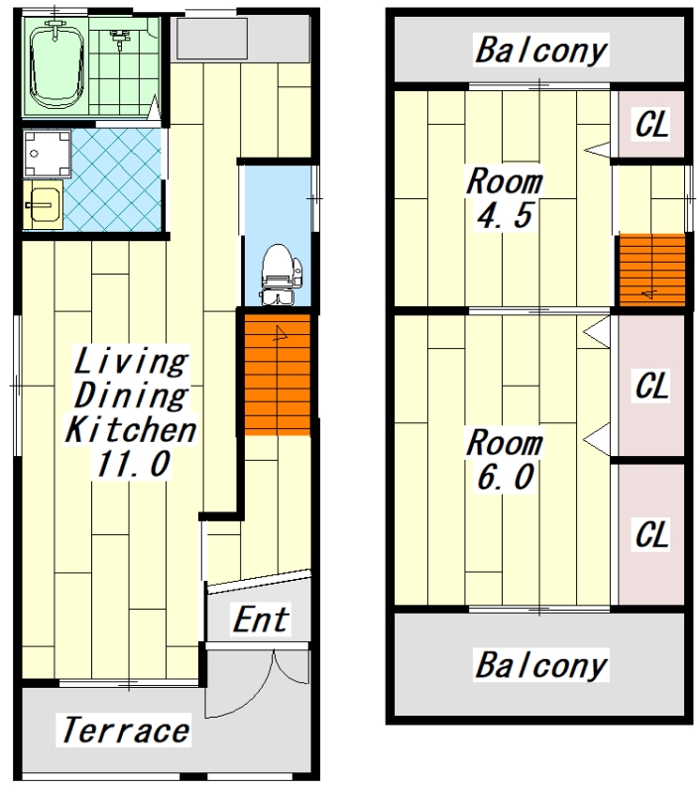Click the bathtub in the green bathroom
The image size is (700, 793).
(x=57, y=66)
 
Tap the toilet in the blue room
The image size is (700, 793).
(x=281, y=275)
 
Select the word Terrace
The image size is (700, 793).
(x=126, y=731)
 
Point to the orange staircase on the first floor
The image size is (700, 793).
(x=278, y=375)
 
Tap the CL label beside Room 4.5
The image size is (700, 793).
(x=652, y=123)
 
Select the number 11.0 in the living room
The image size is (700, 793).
(x=133, y=463)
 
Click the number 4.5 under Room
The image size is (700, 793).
(x=505, y=215)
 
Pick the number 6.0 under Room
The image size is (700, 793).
(x=505, y=477)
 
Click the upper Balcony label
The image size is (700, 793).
(x=540, y=51)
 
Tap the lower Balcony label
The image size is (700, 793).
(x=540, y=664)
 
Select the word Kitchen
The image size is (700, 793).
(x=131, y=429)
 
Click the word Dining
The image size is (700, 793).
(x=131, y=395)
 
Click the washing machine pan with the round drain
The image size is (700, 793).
(x=47, y=153)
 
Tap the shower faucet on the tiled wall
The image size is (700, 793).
(x=119, y=38)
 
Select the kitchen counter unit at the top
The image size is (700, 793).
(x=240, y=39)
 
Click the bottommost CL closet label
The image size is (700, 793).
(x=652, y=534)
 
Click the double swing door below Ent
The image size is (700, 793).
(x=257, y=683)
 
